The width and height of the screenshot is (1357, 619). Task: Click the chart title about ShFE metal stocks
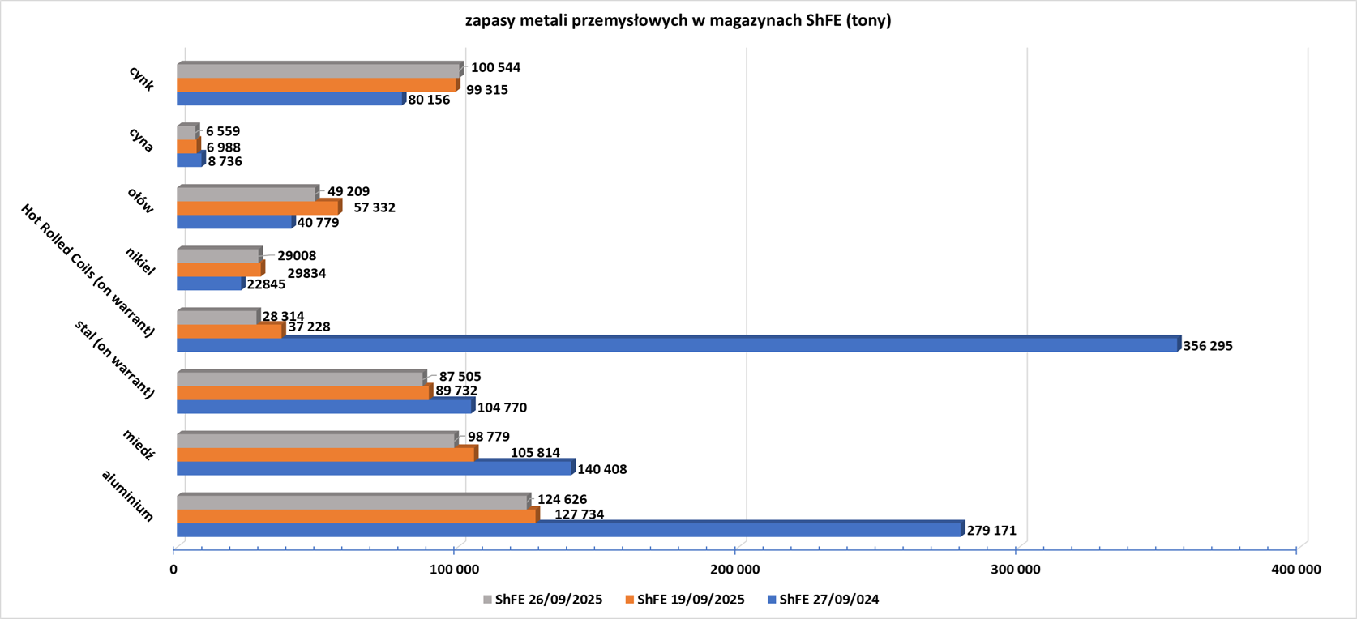pos(678,21)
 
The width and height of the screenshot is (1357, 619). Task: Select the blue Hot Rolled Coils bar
pos(677,345)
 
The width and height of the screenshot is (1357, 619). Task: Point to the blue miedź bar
pos(375,468)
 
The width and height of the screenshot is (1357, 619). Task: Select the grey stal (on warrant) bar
pos(301,379)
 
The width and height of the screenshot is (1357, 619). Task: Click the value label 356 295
pos(1208,346)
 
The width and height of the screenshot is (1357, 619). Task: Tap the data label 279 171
pos(991,531)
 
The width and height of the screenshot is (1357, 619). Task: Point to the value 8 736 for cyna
pos(225,161)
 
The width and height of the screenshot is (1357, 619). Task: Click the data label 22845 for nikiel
pos(266,284)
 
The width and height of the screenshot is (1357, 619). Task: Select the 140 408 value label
pos(601,469)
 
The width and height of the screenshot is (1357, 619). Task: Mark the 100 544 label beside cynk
pos(495,68)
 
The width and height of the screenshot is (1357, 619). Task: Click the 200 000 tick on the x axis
pos(734,570)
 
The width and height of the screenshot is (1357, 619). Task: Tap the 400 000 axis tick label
pos(1295,570)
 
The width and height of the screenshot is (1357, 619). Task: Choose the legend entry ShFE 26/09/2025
pos(542,600)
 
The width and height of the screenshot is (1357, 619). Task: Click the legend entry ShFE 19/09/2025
pos(685,600)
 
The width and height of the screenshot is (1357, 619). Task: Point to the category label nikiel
pos(140,261)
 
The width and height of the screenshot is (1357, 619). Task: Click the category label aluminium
pos(127,495)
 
